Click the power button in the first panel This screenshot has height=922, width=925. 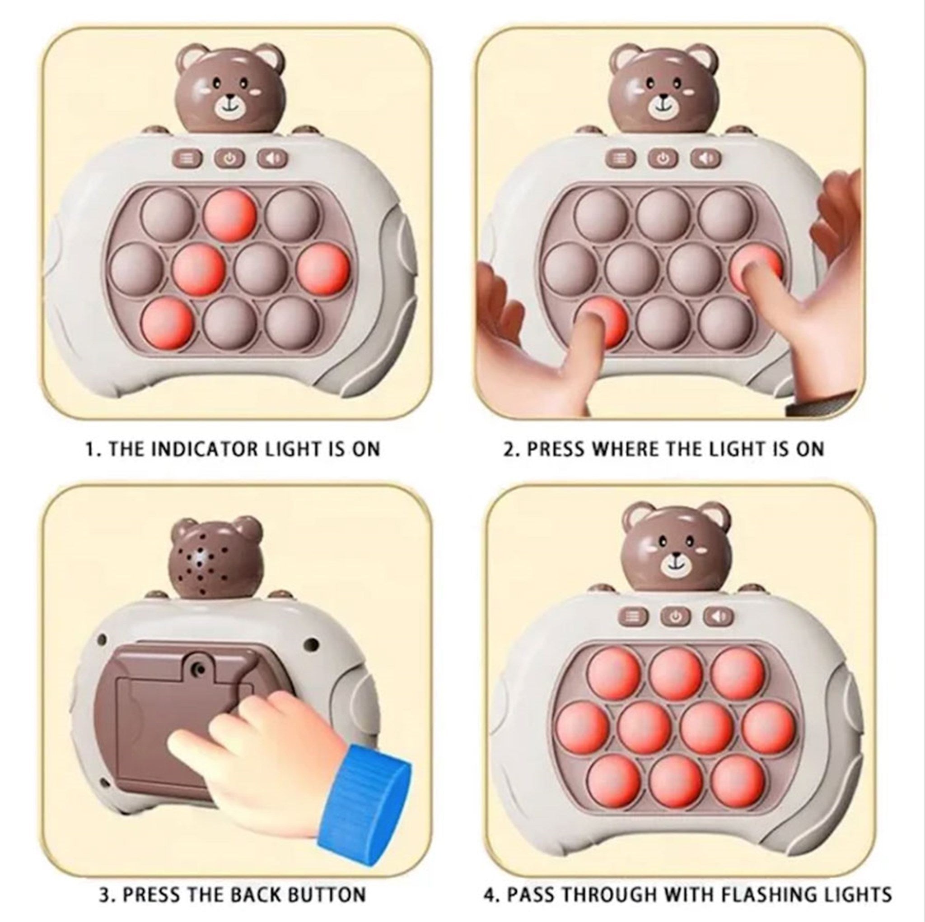click(x=229, y=158)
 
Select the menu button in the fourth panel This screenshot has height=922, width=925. click(x=633, y=617)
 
